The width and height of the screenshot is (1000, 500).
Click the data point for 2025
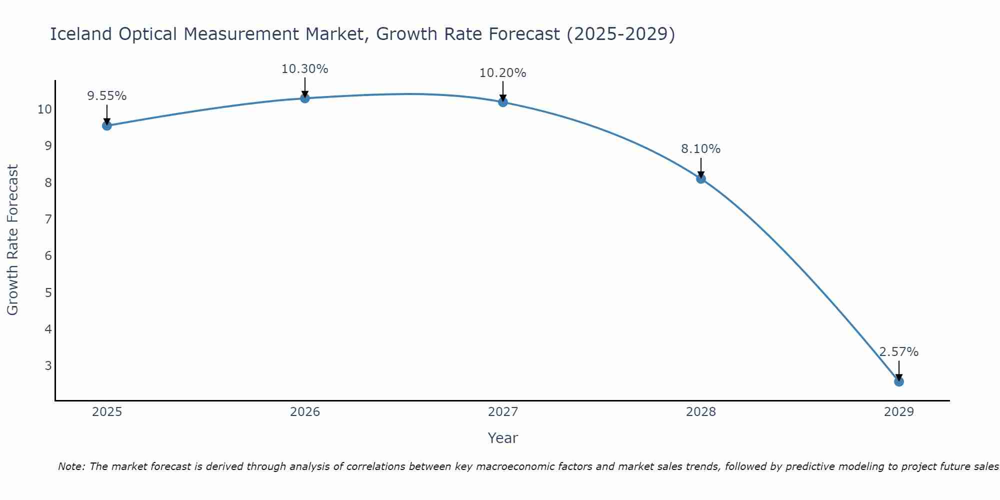[x=107, y=125]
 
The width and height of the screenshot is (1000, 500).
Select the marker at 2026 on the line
[x=305, y=98]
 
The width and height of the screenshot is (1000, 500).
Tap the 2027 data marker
[x=503, y=102]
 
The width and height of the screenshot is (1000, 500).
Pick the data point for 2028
[x=701, y=178]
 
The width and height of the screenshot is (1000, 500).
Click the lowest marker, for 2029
[x=899, y=381]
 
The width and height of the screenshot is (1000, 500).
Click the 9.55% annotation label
[x=107, y=96]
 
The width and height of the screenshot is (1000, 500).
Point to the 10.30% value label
[x=305, y=69]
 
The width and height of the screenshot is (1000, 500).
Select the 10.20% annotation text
[x=503, y=73]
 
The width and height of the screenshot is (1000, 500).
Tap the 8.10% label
[x=701, y=149]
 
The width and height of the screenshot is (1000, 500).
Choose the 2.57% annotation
[x=899, y=352]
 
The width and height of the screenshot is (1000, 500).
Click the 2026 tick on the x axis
[x=305, y=412]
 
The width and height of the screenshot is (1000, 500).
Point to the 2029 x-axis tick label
[x=899, y=412]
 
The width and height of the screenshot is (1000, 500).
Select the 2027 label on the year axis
[x=503, y=412]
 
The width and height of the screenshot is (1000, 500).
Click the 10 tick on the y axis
[x=45, y=109]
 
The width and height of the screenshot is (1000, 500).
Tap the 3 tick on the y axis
[x=48, y=365]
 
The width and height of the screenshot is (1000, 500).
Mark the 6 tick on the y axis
[x=48, y=256]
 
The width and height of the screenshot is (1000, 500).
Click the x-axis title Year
[x=503, y=438]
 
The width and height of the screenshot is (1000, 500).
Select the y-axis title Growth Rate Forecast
[x=13, y=240]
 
